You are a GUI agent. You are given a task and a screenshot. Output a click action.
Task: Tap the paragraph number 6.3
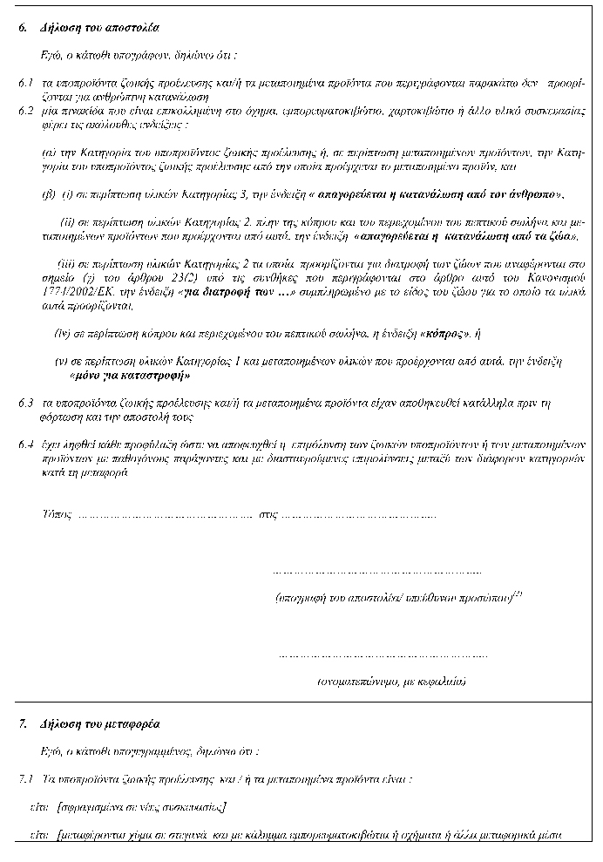coord(25,404)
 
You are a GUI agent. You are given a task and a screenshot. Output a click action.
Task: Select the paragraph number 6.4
coord(25,444)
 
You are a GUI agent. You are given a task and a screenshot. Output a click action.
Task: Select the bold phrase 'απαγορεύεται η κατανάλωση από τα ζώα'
coord(467,236)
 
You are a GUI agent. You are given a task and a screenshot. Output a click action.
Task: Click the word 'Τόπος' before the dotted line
coord(56,514)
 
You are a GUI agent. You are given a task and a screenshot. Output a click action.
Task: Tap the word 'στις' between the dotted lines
coord(270,514)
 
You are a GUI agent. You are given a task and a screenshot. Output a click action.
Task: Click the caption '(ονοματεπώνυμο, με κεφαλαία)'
coord(390,681)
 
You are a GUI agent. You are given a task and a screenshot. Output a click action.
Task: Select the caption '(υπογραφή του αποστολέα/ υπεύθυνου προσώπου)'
coord(392,600)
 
